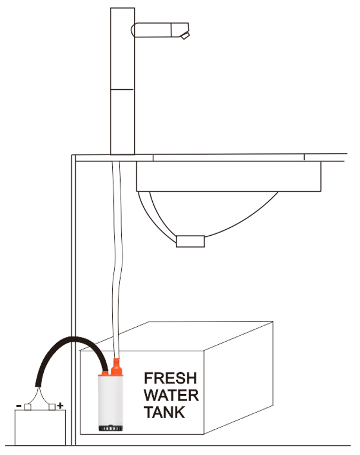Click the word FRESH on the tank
point(170,379)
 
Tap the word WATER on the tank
point(171,396)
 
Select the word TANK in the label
point(165,412)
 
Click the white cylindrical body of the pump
point(109,399)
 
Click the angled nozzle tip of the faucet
point(185,35)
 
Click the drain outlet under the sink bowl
point(191,241)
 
